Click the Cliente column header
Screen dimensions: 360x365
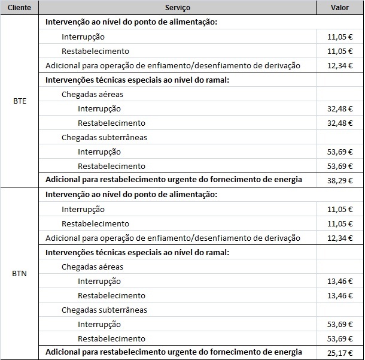click(x=20, y=8)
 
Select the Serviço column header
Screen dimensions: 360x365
click(x=178, y=8)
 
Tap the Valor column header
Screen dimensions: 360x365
click(x=340, y=8)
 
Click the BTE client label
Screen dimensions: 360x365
click(x=20, y=101)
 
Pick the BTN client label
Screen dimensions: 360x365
click(x=20, y=274)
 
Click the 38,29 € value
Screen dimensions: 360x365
click(x=340, y=180)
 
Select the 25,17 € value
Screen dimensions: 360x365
click(x=340, y=353)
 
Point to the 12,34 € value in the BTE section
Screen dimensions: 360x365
click(x=340, y=65)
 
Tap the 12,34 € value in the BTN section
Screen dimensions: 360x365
click(x=340, y=238)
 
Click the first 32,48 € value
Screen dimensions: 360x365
click(x=340, y=108)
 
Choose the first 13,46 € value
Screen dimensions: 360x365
click(x=340, y=281)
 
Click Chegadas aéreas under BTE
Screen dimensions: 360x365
click(x=92, y=94)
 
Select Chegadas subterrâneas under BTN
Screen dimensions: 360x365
click(x=104, y=310)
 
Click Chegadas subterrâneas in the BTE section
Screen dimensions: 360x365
click(x=104, y=137)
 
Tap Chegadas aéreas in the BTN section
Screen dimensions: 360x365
click(x=92, y=267)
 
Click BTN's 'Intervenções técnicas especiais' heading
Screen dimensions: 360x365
click(x=137, y=252)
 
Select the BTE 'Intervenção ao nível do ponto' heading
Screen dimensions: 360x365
click(x=130, y=22)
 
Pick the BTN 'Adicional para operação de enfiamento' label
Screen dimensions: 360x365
click(x=172, y=238)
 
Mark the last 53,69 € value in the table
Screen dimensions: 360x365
click(x=340, y=338)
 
